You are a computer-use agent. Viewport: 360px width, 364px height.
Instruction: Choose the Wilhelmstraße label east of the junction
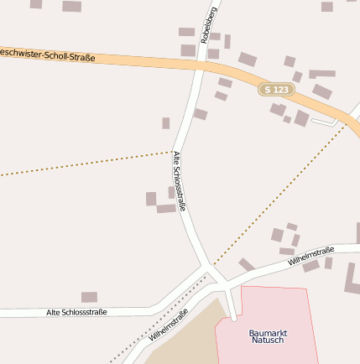coord(310,257)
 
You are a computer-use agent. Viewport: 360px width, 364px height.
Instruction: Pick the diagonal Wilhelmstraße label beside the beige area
coord(168,326)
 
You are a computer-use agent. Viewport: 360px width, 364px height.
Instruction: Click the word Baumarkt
coord(269,333)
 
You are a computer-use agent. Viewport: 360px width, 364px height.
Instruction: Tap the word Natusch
coord(269,341)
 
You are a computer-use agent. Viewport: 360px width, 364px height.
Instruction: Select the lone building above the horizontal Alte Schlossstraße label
coord(89,297)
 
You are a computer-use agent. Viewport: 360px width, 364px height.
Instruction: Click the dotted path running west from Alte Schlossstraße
coord(84,164)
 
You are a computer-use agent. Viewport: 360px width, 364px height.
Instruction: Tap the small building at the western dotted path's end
coord(166,123)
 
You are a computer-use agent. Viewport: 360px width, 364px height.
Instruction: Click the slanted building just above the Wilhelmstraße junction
coord(246,264)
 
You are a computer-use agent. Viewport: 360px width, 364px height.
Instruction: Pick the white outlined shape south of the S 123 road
coord(323,122)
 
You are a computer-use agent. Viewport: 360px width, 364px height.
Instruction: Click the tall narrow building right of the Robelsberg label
coord(227,41)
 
